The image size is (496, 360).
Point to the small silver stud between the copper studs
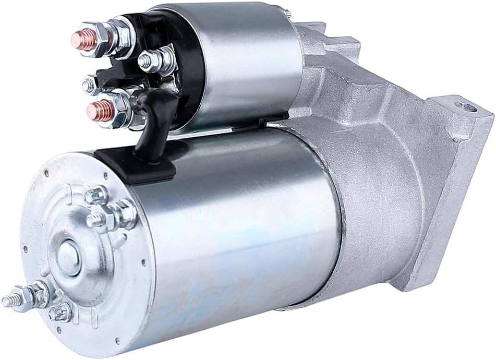point(92,82)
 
